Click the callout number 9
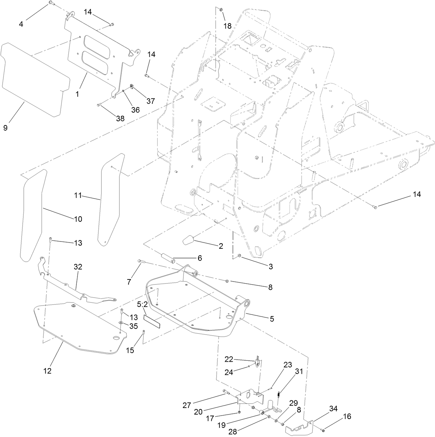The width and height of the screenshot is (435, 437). click(5, 128)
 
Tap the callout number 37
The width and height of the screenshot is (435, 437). click(150, 101)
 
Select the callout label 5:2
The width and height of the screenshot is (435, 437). click(142, 304)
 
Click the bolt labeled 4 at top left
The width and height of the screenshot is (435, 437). click(50, 3)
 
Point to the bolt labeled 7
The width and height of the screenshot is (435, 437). click(140, 261)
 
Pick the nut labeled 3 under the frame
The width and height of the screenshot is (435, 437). click(239, 256)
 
